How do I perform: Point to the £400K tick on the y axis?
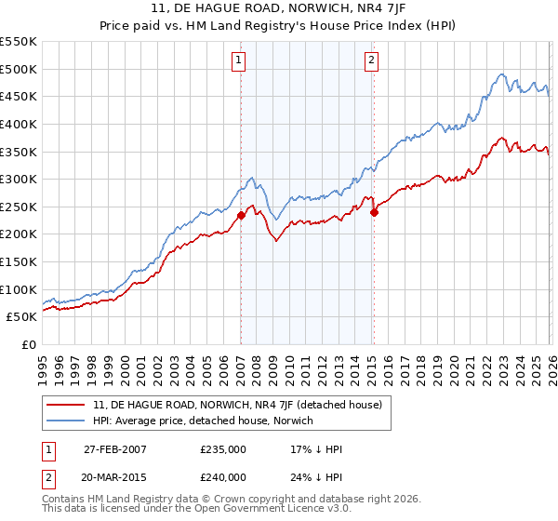click(x=19, y=124)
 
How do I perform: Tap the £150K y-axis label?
click(x=19, y=261)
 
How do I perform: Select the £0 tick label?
click(x=28, y=344)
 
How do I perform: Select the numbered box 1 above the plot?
click(x=239, y=60)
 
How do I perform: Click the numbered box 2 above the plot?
click(x=371, y=60)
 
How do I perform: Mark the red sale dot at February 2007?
click(x=241, y=215)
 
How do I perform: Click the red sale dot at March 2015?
click(x=374, y=212)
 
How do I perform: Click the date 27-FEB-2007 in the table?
click(x=114, y=449)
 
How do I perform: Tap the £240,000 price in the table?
click(x=223, y=477)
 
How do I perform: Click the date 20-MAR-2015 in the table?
click(x=115, y=477)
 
